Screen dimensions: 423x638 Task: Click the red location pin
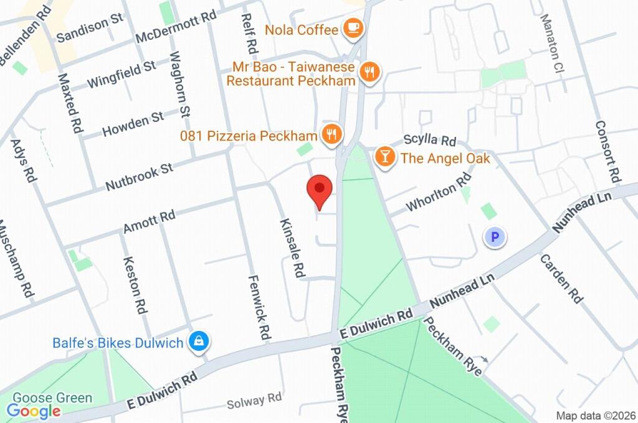pos(320,189)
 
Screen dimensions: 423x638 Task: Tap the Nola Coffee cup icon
pos(353,29)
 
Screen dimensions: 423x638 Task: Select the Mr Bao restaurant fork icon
pos(370,72)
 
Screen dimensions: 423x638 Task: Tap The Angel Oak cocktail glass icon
pos(386,157)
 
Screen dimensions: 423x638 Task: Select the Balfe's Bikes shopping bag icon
pos(199,341)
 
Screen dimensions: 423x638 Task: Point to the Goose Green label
pos(52,397)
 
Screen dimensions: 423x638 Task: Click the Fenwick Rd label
pos(260,307)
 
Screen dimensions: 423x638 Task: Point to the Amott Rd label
pos(150,221)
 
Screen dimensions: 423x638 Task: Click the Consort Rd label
pos(609,148)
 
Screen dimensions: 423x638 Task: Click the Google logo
pos(34,411)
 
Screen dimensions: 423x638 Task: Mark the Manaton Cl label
pos(552,43)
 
